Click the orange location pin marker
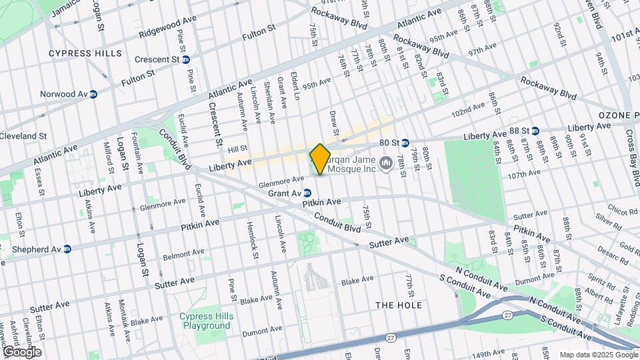pos(320,159)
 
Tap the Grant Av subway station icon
pos(307,193)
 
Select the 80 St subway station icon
pos(405,143)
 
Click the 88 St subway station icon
pos(535,130)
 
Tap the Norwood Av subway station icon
pos(94,94)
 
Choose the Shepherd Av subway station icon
pos(67,249)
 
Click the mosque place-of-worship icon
pos(386,163)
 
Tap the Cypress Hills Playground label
pos(205,321)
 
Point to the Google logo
pos(22,351)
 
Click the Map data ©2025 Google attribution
pos(598,355)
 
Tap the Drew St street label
pos(335,122)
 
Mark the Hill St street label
pos(238,149)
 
